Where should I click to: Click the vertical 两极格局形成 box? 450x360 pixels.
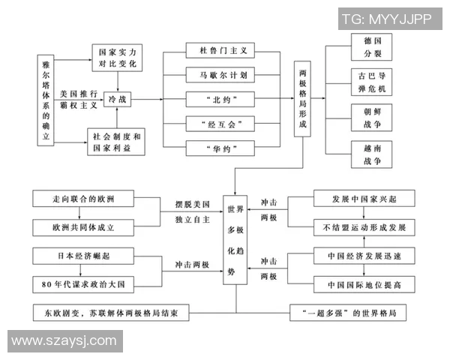click(303, 98)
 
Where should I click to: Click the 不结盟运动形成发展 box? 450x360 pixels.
click(364, 226)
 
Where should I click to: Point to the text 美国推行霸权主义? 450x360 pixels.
click(79, 91)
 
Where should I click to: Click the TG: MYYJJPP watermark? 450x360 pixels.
click(386, 19)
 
